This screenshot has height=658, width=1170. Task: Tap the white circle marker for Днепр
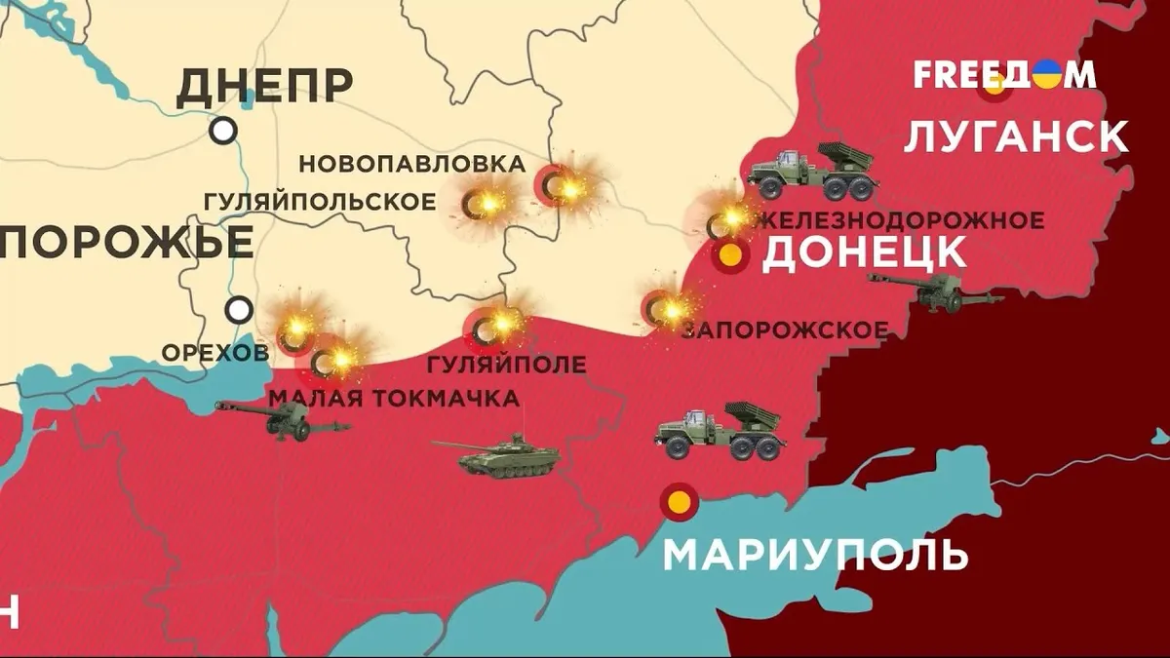[x=224, y=130]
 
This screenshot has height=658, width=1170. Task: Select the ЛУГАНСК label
[x=1016, y=136]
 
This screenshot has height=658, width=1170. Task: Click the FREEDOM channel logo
[x=1004, y=75]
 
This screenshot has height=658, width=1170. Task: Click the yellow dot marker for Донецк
[x=730, y=256]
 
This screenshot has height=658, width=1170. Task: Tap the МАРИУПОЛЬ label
[x=815, y=555]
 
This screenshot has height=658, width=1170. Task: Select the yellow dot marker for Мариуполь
[x=679, y=502]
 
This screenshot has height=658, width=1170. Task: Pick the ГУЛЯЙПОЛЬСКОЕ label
[x=320, y=202]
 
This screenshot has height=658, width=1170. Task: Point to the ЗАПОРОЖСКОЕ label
[x=786, y=330]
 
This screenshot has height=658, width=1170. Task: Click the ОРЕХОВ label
[x=214, y=352]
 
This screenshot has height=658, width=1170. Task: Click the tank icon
[x=497, y=455]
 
